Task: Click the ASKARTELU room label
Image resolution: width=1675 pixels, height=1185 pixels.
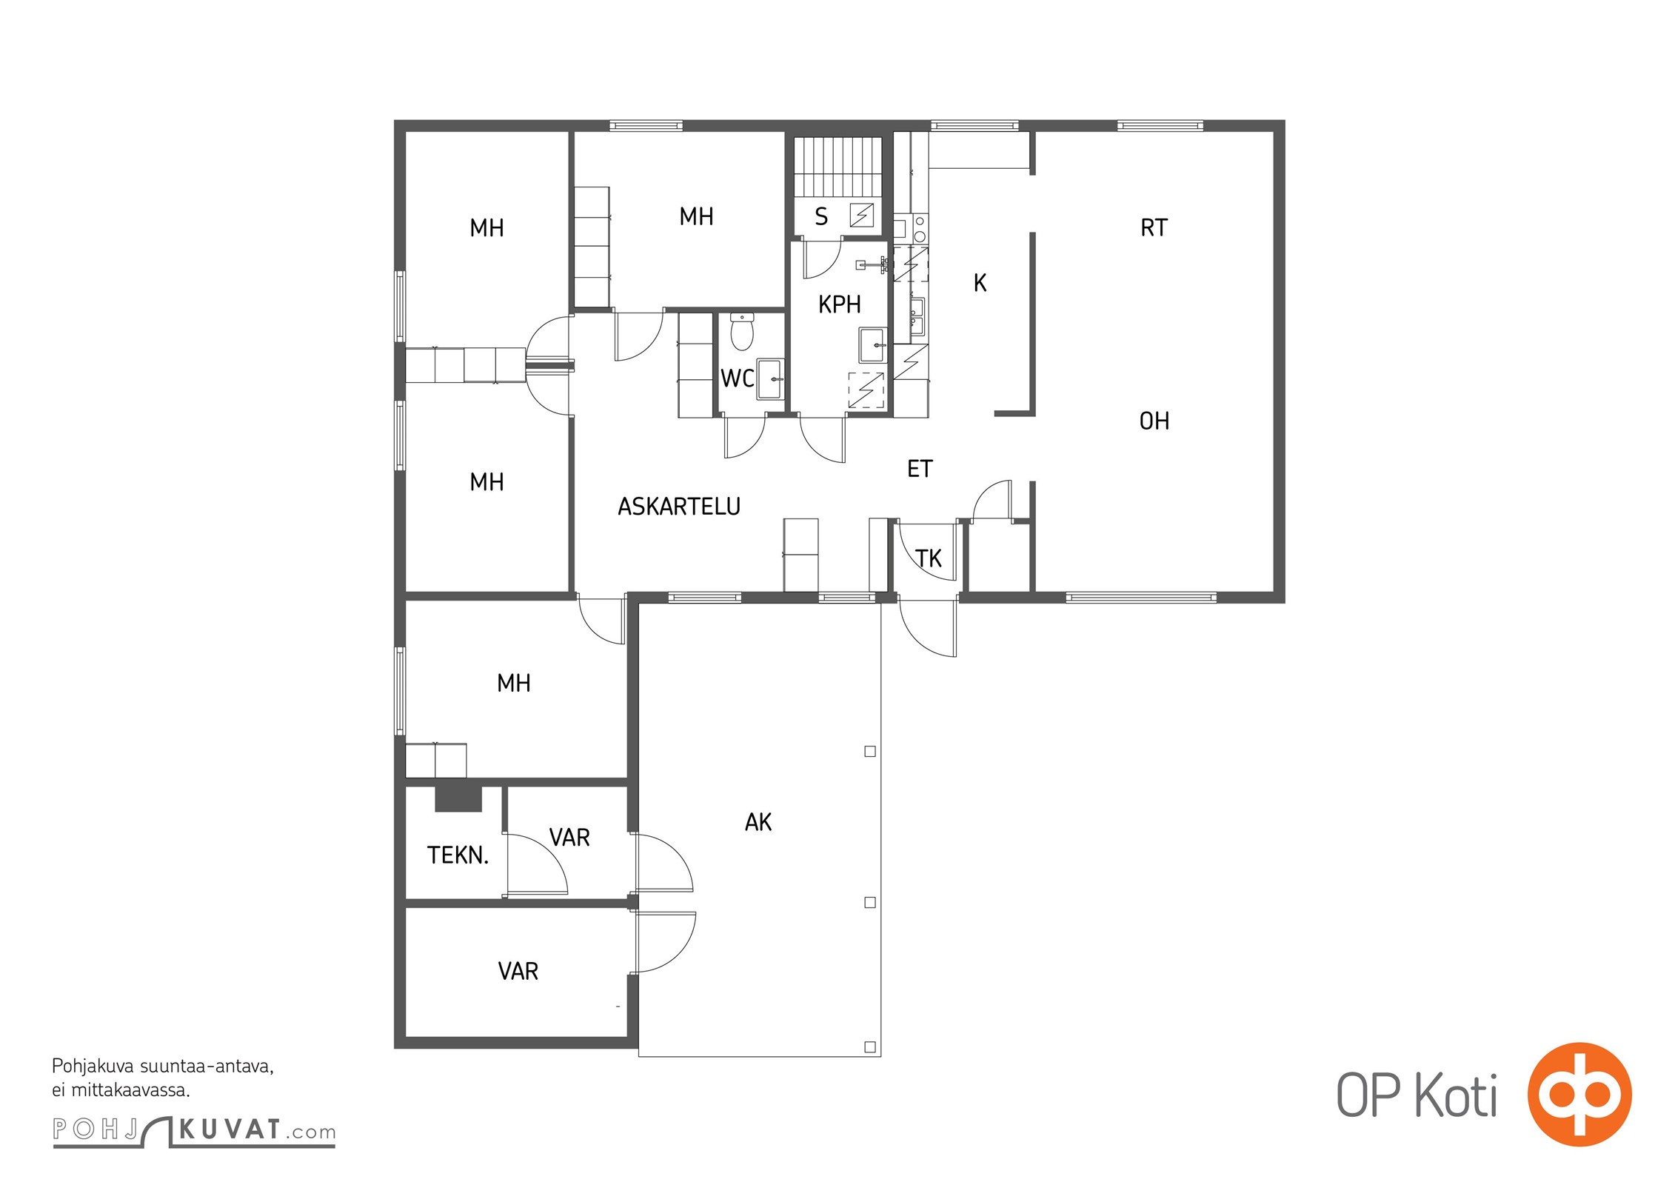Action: pos(679,507)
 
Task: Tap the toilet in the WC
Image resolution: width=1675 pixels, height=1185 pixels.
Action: pos(742,330)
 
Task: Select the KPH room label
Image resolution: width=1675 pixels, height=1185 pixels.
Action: pos(840,304)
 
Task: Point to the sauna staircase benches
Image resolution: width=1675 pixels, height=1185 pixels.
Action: pos(837,167)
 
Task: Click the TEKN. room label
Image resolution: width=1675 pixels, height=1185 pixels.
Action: pos(458,855)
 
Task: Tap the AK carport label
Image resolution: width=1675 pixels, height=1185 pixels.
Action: pos(758,822)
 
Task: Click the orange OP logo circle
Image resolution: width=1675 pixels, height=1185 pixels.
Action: pos(1579,1095)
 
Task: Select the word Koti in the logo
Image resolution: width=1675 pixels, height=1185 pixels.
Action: pos(1456,1095)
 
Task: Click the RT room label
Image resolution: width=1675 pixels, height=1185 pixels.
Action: pos(1154,228)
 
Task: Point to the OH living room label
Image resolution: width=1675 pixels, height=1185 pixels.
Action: pos(1154,421)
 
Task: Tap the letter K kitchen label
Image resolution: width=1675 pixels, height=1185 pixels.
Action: pos(980,283)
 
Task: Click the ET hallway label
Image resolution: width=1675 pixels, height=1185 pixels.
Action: pos(920,469)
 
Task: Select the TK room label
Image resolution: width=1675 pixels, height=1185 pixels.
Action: pos(929,558)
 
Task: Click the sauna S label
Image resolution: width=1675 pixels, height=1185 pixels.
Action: pos(820,217)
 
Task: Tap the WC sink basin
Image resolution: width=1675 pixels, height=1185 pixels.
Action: pos(770,378)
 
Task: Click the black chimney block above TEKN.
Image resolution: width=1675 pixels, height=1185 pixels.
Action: pos(458,799)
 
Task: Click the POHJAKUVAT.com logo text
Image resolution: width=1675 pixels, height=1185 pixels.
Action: pos(194,1131)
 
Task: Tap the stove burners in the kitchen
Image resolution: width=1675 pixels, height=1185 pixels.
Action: pos(919,229)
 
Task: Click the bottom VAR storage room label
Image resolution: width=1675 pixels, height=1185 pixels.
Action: pos(518,972)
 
